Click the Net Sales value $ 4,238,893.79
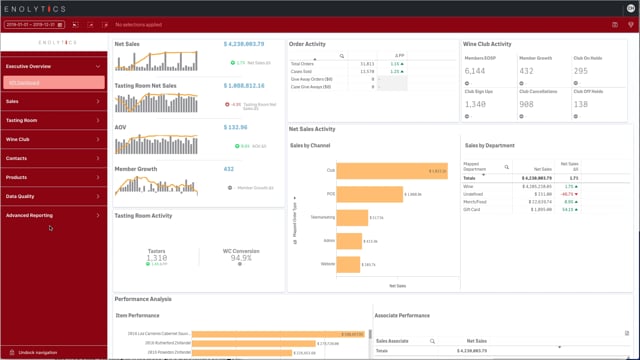(x=243, y=44)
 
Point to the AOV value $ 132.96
(x=235, y=127)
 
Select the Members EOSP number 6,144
(x=475, y=71)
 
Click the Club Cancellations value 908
(x=526, y=104)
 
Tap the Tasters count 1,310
(x=156, y=257)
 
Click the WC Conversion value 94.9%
(x=241, y=257)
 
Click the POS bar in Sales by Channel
(x=369, y=193)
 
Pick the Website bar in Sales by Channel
(x=348, y=264)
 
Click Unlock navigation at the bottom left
(x=40, y=353)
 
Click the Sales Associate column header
(x=392, y=341)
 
